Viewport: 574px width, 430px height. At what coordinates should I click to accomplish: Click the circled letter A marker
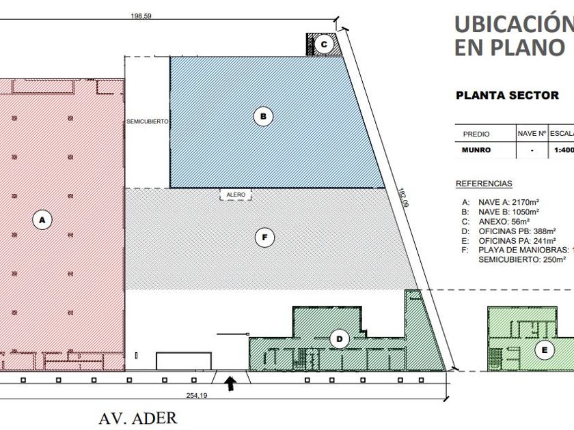pos(42,220)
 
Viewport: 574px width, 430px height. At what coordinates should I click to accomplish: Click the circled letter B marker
pos(262,116)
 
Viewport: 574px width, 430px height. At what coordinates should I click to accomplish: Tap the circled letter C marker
pos(325,44)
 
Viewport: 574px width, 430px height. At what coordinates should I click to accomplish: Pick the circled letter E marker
pos(545,351)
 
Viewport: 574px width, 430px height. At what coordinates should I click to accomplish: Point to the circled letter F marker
pos(263,238)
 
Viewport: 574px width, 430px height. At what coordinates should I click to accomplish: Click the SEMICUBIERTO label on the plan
pos(147,121)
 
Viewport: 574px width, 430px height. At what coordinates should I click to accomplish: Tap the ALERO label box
pos(236,195)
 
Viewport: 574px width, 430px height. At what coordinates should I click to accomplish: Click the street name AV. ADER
pos(137,418)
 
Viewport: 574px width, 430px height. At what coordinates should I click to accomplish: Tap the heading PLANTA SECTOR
pos(507,96)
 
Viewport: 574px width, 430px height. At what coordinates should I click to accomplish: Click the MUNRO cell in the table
pos(476,150)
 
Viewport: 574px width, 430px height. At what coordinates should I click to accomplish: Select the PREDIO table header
pos(476,134)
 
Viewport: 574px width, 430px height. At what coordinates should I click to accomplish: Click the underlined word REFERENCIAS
pos(484,184)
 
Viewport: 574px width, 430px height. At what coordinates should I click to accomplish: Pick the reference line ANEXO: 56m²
pos(497,222)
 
